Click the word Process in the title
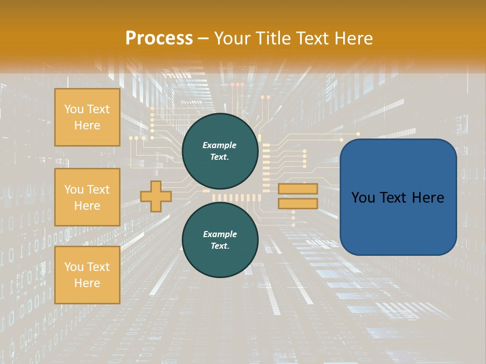point(159,38)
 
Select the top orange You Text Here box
point(87,117)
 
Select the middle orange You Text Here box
point(87,197)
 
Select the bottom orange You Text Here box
point(87,275)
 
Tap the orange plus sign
point(155,196)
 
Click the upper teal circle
point(220,151)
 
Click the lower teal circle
point(220,240)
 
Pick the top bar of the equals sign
point(298,189)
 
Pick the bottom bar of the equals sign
point(298,203)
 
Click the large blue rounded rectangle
point(398,222)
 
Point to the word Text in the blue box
point(391,198)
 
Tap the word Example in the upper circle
point(220,145)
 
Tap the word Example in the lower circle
point(220,234)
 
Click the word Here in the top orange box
point(87,125)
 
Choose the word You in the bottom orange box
point(73,267)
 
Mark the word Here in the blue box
point(428,198)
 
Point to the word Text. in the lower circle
point(220,246)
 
